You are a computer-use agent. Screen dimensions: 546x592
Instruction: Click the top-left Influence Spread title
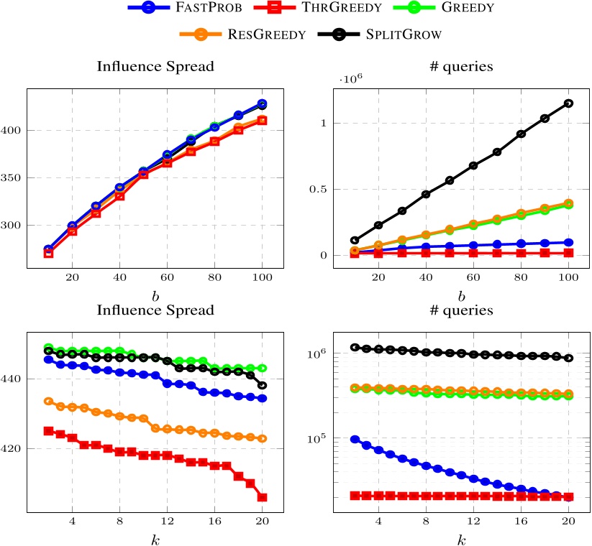point(155,69)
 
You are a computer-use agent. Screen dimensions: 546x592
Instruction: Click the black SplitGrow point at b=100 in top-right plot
point(568,103)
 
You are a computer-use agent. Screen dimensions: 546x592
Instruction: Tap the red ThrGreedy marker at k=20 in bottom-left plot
point(262,497)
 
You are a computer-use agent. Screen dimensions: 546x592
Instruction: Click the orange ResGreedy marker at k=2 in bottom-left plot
point(49,401)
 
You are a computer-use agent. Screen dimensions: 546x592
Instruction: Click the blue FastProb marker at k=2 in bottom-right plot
point(355,439)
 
